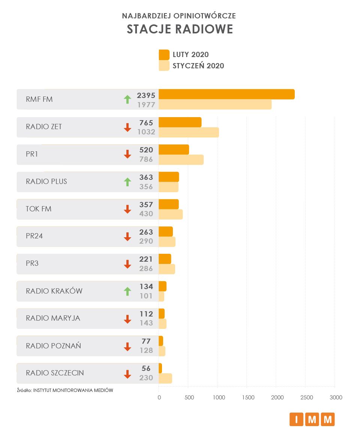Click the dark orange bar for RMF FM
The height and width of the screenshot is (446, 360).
point(226,94)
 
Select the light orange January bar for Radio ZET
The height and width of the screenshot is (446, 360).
point(189,133)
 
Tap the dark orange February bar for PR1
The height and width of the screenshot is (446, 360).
point(174,149)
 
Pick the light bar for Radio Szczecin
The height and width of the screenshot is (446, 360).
point(165,378)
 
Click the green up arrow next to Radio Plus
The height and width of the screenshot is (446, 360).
point(127,182)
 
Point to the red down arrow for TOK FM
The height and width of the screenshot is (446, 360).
point(127,209)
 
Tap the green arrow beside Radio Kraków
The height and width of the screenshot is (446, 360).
point(127,291)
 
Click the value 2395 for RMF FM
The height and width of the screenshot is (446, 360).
point(146,95)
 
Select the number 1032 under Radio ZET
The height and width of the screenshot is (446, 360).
point(146,132)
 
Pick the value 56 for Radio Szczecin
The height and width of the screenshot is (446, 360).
point(146,369)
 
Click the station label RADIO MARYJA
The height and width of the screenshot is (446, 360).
point(53,318)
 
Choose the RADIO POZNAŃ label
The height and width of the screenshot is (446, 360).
point(53,346)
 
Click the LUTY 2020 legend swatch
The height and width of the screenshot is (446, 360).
point(164,55)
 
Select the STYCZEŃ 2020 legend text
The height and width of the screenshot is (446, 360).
point(198,66)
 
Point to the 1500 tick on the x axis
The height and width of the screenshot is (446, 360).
point(248,398)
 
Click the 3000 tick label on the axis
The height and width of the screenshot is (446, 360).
point(336,398)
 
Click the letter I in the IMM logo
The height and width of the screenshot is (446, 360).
point(296,419)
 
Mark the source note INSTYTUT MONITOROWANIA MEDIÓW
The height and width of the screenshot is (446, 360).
point(73,390)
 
